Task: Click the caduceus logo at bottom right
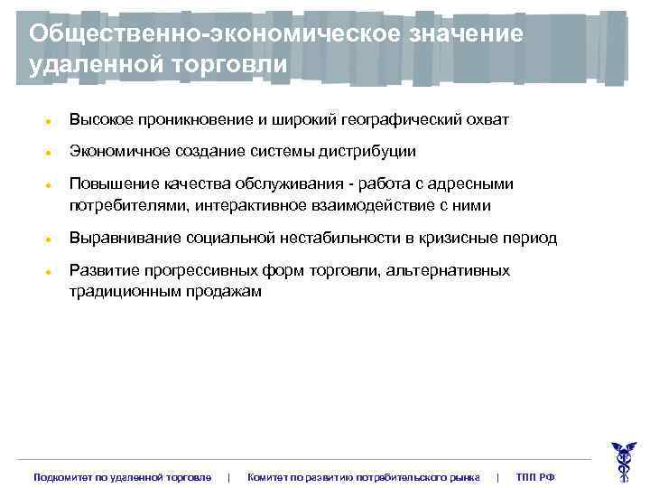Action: coord(622,460)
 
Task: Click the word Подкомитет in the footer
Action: coord(63,476)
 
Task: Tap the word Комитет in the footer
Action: coord(267,476)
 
